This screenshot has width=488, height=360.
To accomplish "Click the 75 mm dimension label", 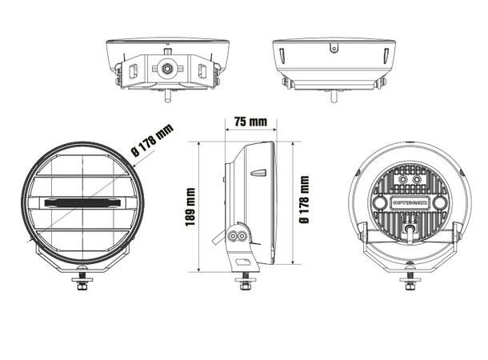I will pyautogui.click(x=250, y=122).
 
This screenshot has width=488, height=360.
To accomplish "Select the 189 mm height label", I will pyautogui.click(x=190, y=206).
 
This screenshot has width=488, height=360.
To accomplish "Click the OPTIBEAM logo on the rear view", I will pyautogui.click(x=410, y=203).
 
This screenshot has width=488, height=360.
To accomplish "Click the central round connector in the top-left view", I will pyautogui.click(x=167, y=68).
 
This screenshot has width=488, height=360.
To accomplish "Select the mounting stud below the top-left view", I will pyautogui.click(x=167, y=96).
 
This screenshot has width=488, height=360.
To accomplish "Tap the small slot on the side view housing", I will pyautogui.click(x=258, y=172).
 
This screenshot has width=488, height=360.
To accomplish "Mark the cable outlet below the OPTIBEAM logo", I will pyautogui.click(x=410, y=231).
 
